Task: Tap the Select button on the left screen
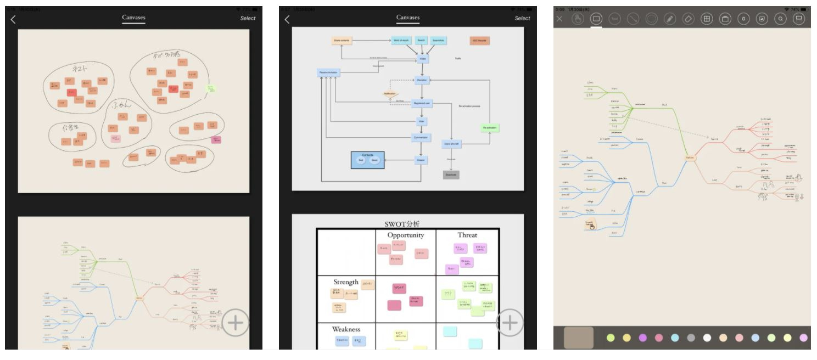click(x=248, y=18)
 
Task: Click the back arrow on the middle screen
click(x=287, y=19)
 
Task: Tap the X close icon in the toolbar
click(x=559, y=19)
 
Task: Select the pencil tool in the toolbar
click(x=670, y=19)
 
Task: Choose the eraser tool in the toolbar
click(x=688, y=19)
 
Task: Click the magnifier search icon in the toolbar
click(x=780, y=19)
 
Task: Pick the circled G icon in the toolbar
click(x=743, y=19)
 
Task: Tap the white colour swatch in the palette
click(x=707, y=337)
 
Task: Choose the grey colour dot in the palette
click(x=691, y=337)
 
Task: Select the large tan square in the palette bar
click(x=579, y=337)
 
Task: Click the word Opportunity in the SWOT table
click(x=406, y=235)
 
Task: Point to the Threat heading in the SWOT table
click(x=467, y=235)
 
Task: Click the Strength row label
click(x=346, y=282)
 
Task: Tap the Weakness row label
click(x=346, y=329)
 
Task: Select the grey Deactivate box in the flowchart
click(x=451, y=175)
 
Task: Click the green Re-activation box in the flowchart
click(x=490, y=128)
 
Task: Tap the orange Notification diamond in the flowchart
click(x=390, y=94)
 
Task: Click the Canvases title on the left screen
click(x=133, y=18)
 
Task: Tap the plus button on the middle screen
click(x=510, y=322)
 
